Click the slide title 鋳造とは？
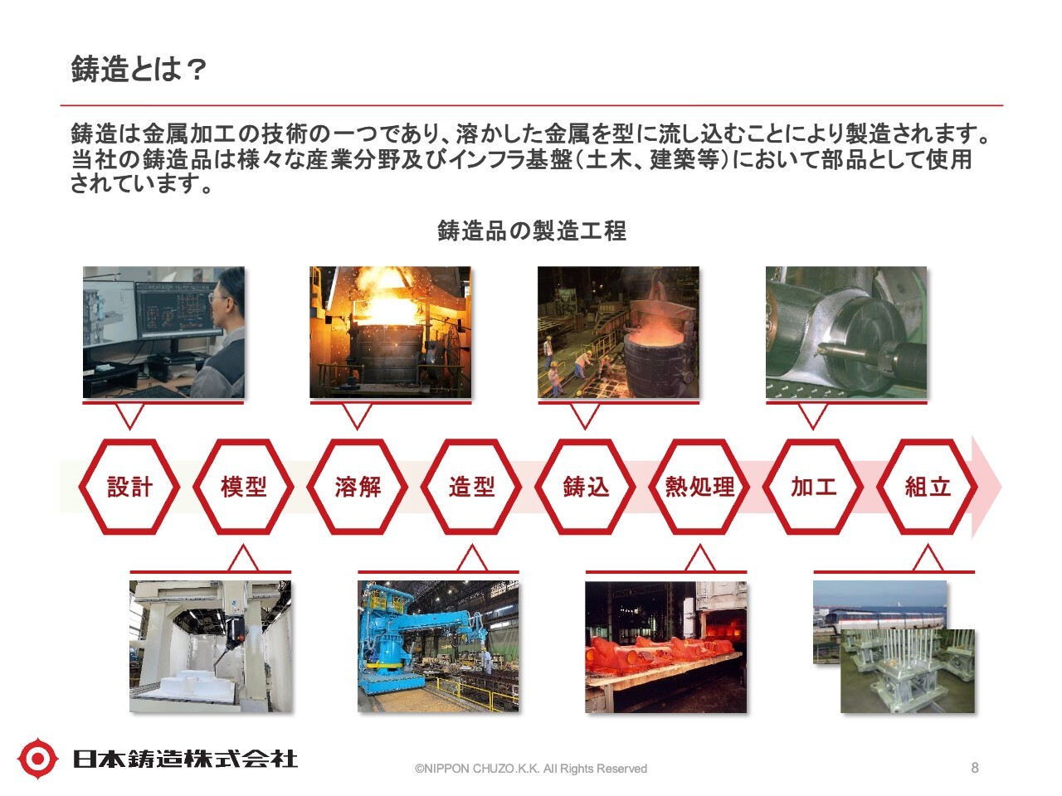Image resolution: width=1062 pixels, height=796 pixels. click(x=139, y=69)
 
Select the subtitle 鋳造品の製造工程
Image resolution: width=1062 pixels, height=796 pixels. click(x=531, y=231)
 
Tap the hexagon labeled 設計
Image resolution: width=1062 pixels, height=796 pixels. click(x=129, y=486)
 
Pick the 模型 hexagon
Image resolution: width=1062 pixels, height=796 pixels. click(x=243, y=486)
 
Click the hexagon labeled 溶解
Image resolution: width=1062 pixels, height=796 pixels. click(x=358, y=486)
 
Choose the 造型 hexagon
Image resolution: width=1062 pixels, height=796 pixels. click(x=472, y=486)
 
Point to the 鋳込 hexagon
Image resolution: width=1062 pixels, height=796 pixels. click(x=586, y=486)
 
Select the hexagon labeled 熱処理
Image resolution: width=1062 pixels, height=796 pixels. click(x=699, y=486)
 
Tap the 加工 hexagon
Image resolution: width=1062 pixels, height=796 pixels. click(x=813, y=486)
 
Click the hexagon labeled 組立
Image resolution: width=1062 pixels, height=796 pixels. click(x=928, y=486)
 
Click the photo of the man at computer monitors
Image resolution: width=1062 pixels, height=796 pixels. click(x=163, y=332)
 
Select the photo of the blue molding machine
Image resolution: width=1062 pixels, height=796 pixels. click(x=438, y=646)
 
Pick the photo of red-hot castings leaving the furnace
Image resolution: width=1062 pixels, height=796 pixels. click(x=665, y=647)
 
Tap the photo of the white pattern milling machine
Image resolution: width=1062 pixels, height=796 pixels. click(x=210, y=646)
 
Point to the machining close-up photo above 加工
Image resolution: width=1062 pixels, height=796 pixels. click(x=846, y=332)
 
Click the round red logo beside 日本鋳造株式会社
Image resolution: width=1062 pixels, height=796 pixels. click(x=37, y=758)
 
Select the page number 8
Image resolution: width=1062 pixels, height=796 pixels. click(x=974, y=767)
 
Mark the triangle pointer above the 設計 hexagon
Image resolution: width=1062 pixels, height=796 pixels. click(x=129, y=416)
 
